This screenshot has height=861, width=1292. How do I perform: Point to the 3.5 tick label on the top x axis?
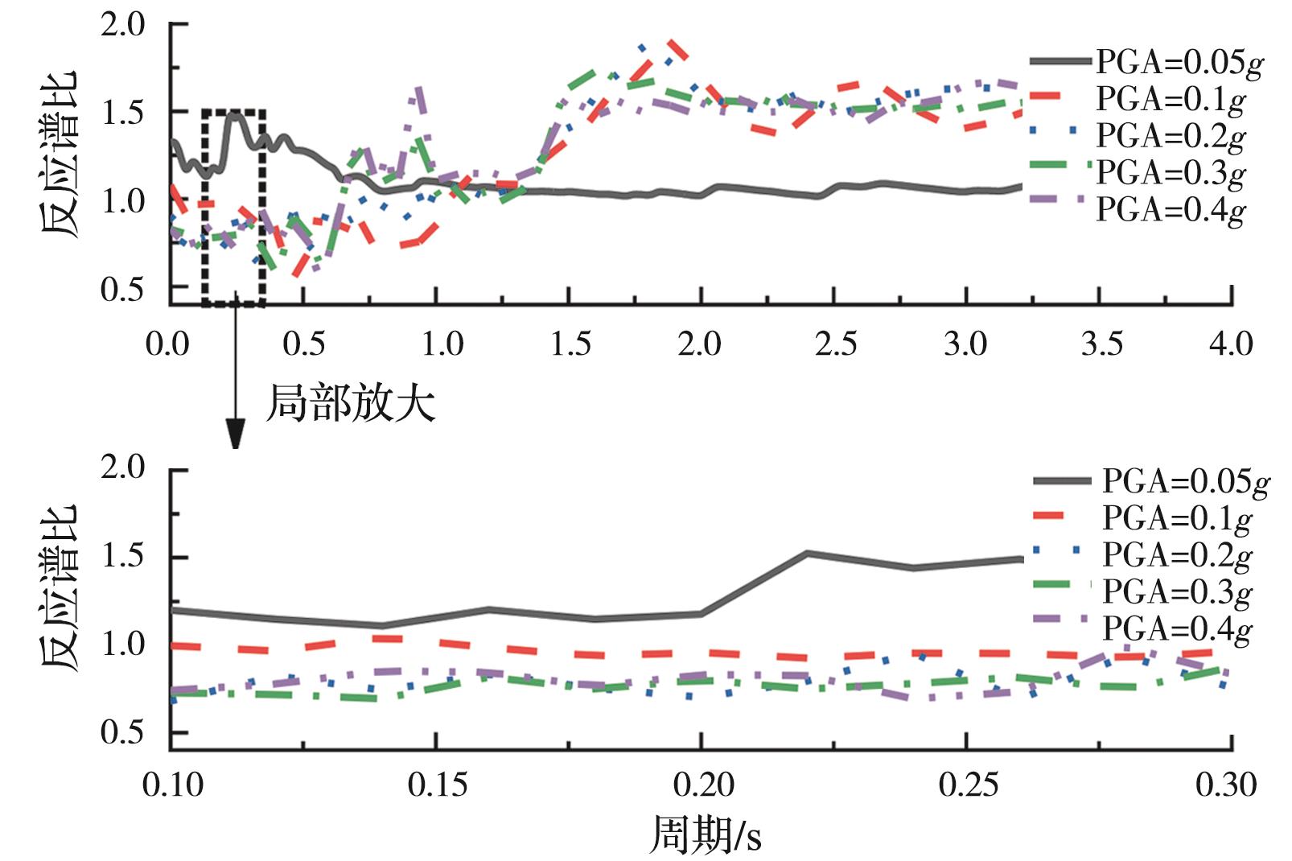tap(1101, 344)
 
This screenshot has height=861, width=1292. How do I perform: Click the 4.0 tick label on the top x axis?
tap(1231, 344)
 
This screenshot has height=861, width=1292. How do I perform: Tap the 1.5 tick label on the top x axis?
tap(570, 344)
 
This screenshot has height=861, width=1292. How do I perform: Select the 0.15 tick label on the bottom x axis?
tap(437, 785)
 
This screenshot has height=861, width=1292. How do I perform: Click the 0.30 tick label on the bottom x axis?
tap(1226, 785)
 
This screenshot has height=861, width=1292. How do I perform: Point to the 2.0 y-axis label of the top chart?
tap(122, 24)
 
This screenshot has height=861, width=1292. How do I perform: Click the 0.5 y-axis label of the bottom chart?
tap(122, 732)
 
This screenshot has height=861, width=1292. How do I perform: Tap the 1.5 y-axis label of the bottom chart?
tap(122, 556)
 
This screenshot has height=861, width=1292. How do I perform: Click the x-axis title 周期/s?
tap(705, 835)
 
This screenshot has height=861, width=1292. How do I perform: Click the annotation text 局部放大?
tap(351, 403)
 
